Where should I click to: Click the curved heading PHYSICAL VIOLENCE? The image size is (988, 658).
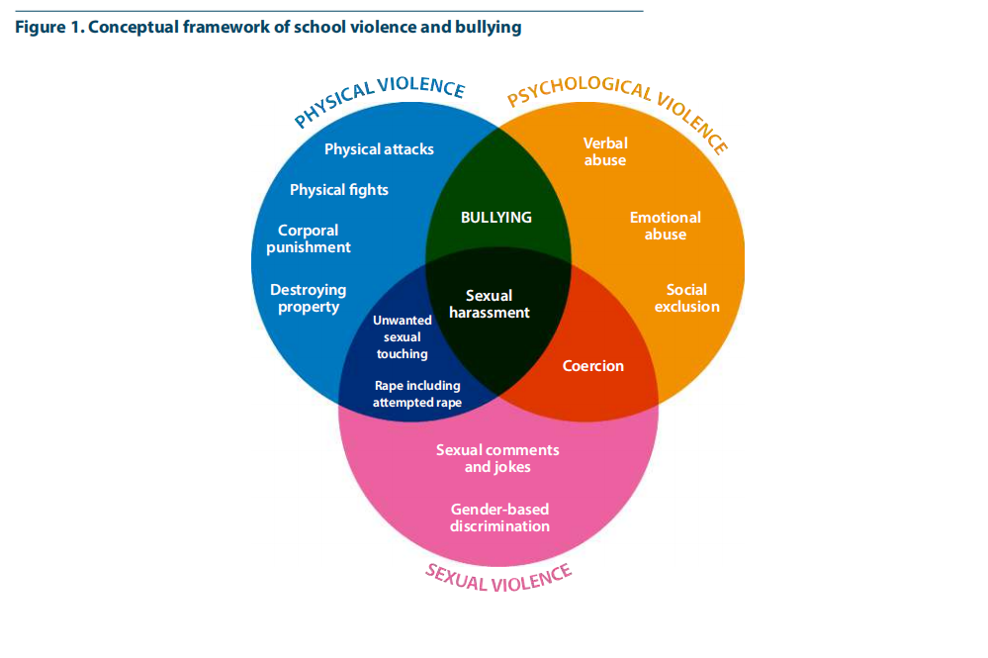click(x=379, y=102)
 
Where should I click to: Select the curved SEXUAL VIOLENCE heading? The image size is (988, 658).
click(x=498, y=576)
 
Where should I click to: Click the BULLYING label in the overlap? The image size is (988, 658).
click(x=496, y=218)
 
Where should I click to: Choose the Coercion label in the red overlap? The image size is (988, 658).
click(x=593, y=366)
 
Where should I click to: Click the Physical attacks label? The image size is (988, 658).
click(x=379, y=149)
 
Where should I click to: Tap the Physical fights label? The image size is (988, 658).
click(x=339, y=190)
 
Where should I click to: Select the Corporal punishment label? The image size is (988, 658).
click(x=309, y=239)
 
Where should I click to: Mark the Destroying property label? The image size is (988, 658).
click(x=309, y=298)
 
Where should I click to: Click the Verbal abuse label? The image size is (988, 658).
click(x=605, y=151)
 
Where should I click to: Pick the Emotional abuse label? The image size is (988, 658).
click(x=666, y=226)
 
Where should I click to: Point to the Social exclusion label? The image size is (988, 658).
click(x=687, y=298)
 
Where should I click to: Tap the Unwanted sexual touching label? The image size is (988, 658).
click(x=401, y=336)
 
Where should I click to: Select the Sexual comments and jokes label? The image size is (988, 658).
click(x=497, y=458)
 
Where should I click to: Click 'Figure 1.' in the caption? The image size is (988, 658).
click(x=48, y=28)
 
